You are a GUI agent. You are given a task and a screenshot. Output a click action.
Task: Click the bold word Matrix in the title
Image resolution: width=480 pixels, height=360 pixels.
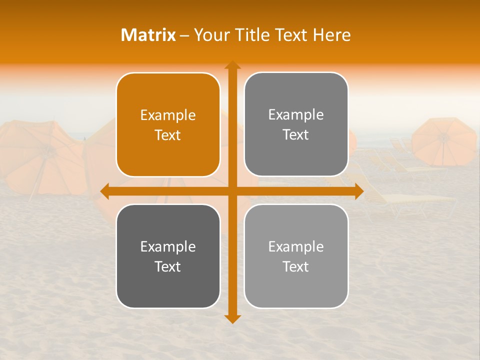coord(148,35)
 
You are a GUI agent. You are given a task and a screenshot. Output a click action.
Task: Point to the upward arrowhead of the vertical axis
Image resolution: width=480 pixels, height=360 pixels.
coord(232,65)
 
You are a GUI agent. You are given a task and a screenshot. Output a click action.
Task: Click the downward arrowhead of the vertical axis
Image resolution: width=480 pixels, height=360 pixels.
coord(232,319)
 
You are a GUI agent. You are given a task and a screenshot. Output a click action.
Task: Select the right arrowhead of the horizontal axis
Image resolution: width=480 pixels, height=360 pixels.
coord(359,191)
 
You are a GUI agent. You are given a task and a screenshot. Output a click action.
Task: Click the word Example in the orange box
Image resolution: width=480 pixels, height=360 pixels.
coord(168,115)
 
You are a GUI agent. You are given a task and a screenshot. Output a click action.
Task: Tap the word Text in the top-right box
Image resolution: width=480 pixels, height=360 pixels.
coord(296,135)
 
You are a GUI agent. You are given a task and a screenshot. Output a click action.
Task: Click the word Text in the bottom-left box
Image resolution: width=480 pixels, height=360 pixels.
coord(168,266)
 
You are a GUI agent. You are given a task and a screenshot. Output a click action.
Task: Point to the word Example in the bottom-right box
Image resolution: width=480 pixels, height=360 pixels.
coord(296,246)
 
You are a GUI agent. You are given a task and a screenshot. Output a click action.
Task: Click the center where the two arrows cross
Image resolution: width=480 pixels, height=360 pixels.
coord(232,191)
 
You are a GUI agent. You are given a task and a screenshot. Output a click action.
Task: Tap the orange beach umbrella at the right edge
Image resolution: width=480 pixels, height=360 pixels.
coord(444,141)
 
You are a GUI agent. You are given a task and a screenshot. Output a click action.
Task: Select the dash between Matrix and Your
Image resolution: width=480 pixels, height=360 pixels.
coord(184,35)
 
